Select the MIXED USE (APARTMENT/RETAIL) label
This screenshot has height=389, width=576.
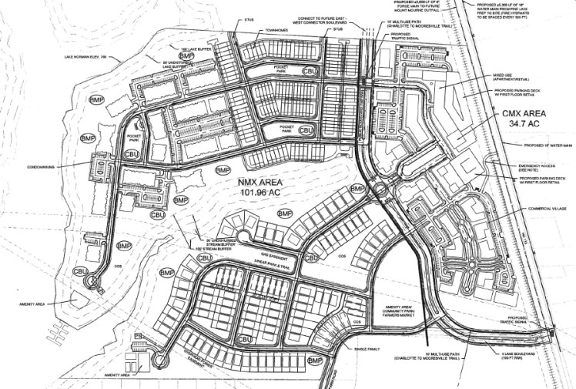(509, 79)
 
